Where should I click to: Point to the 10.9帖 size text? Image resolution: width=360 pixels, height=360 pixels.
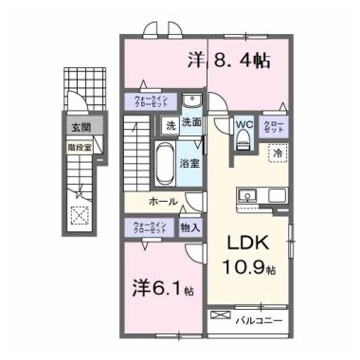point(247,263)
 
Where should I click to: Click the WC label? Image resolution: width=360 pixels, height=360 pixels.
point(243,123)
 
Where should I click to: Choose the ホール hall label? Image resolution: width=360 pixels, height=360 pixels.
point(165,202)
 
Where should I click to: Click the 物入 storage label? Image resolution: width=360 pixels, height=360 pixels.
point(189,227)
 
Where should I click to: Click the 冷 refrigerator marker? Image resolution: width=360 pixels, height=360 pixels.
point(278,153)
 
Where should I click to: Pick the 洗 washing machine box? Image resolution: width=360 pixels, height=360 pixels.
point(171,125)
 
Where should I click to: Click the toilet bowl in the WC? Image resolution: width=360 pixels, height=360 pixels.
point(243,140)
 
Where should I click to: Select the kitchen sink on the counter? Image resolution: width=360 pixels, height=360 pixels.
point(251,196)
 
